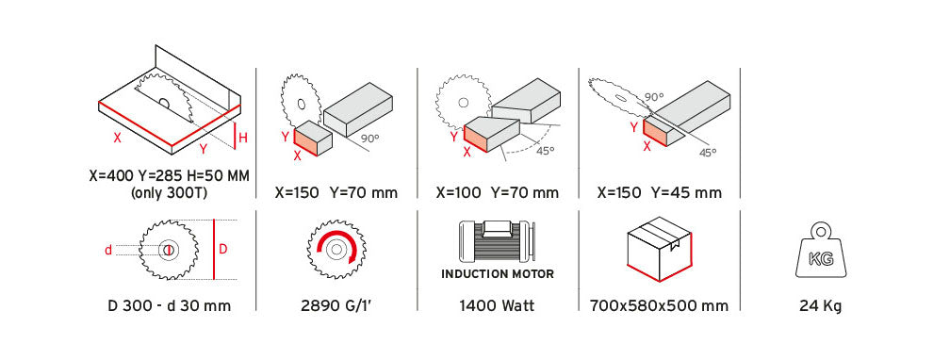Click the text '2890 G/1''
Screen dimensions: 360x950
click(x=336, y=305)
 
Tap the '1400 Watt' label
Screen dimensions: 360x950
click(x=497, y=305)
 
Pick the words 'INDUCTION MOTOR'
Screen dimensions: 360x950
click(x=497, y=275)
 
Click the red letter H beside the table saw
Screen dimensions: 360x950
click(x=242, y=139)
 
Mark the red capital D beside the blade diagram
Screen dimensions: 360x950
click(x=223, y=249)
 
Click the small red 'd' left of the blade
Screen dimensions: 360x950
click(x=108, y=250)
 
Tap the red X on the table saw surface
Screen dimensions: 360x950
click(x=117, y=137)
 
